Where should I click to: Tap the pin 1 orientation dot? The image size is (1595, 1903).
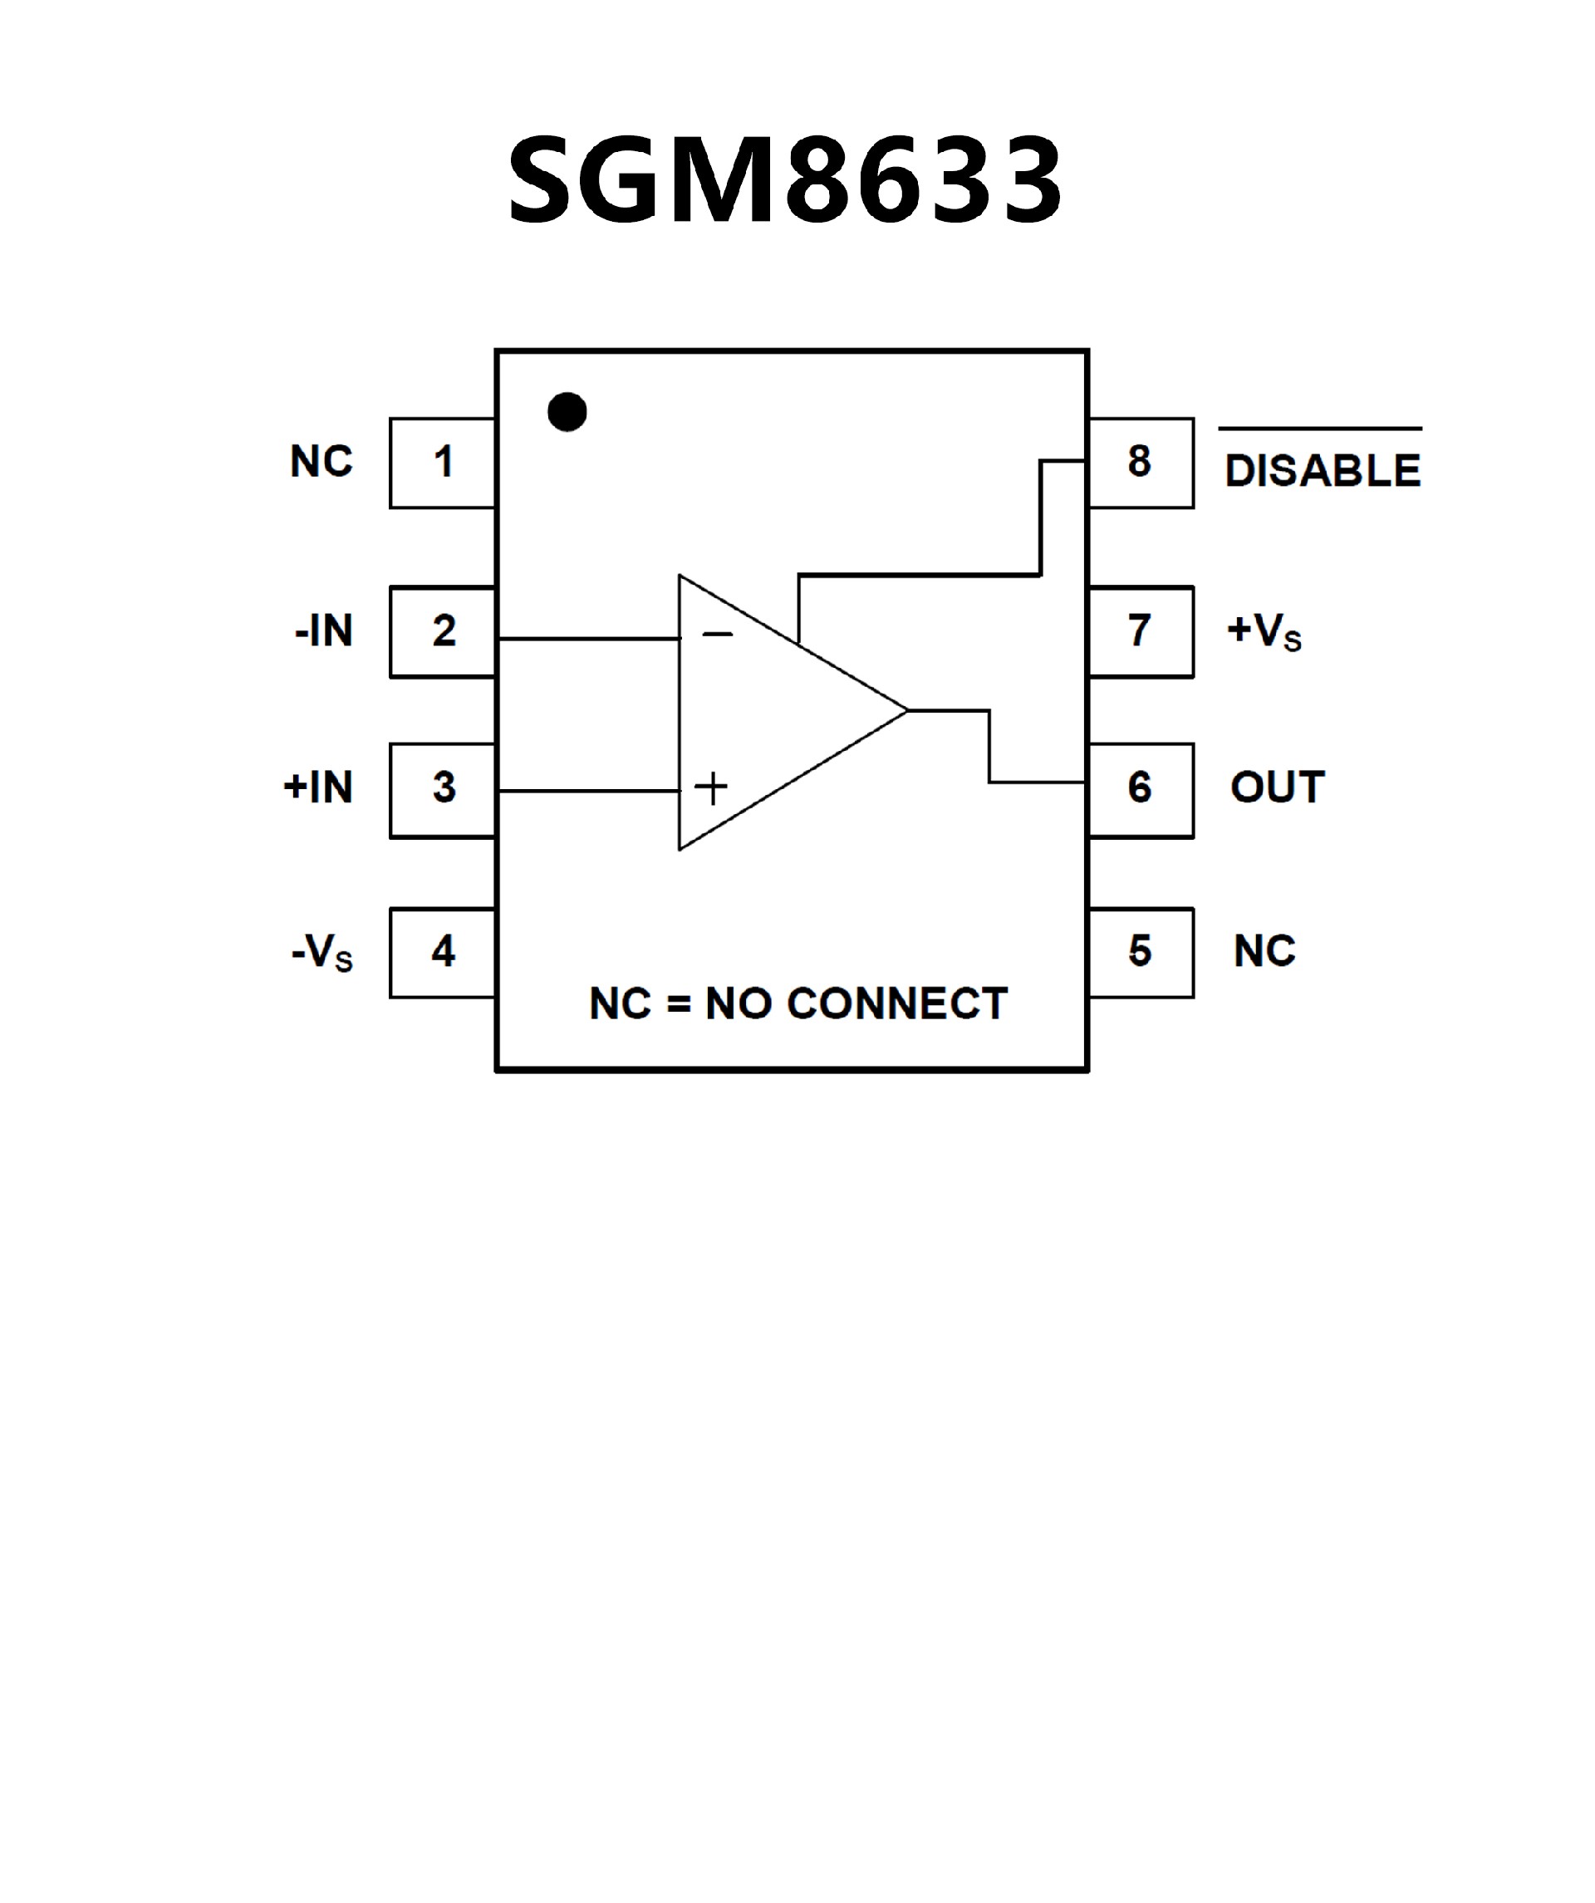click(567, 412)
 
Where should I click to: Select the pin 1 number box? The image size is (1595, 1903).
click(442, 462)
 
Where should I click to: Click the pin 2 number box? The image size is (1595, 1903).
click(442, 631)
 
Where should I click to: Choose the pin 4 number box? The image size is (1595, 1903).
click(442, 953)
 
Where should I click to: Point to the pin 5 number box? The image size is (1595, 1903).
click(1140, 953)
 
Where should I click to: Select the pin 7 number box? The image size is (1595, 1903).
click(1140, 631)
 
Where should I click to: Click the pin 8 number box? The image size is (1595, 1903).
click(1140, 462)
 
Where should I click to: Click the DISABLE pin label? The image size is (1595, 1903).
click(1323, 470)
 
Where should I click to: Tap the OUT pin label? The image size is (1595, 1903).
click(1278, 787)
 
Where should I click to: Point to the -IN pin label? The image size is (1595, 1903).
click(323, 631)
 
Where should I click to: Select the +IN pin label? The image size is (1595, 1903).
click(318, 788)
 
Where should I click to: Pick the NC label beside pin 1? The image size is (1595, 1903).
click(321, 462)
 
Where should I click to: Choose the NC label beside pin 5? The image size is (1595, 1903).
click(1264, 953)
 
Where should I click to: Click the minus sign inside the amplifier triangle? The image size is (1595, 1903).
click(717, 635)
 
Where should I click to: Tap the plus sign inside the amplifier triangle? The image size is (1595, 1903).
click(711, 788)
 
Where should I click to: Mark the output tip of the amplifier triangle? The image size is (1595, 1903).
click(906, 711)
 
